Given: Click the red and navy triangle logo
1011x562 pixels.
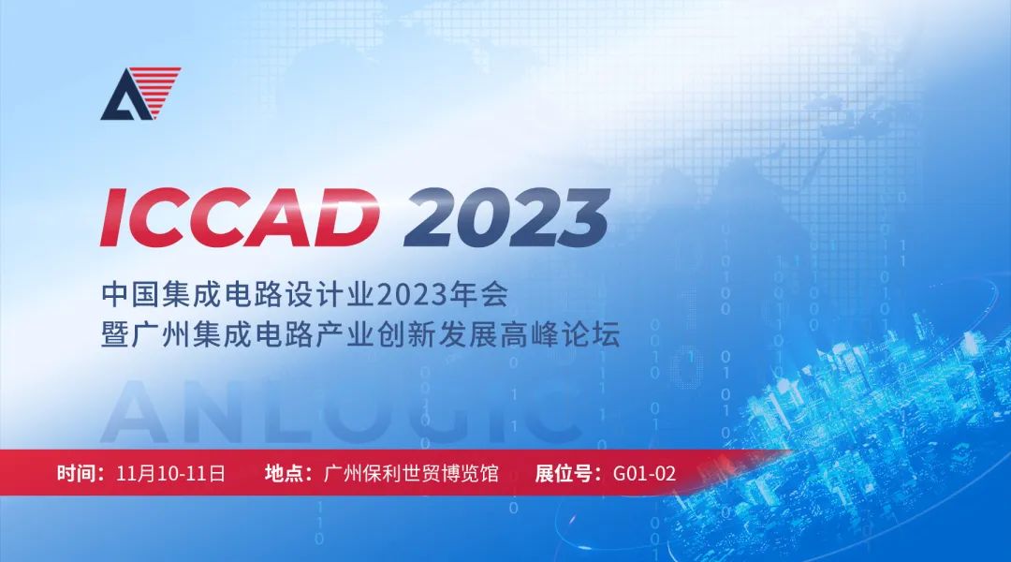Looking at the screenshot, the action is (140, 94).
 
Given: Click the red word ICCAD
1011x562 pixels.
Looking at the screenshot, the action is (240, 216).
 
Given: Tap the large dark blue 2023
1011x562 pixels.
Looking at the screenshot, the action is (506, 217).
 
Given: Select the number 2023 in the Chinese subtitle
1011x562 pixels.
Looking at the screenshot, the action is (411, 294).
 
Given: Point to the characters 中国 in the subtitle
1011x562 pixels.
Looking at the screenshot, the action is (130, 294).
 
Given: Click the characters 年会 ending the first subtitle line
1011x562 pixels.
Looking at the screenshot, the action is (478, 294).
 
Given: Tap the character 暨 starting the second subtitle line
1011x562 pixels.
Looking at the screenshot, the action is (115, 335).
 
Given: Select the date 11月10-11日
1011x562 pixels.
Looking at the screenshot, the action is (171, 474).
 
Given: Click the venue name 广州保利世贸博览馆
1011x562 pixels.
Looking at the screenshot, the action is (411, 474).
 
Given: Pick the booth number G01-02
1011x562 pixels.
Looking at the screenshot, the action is (644, 474).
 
